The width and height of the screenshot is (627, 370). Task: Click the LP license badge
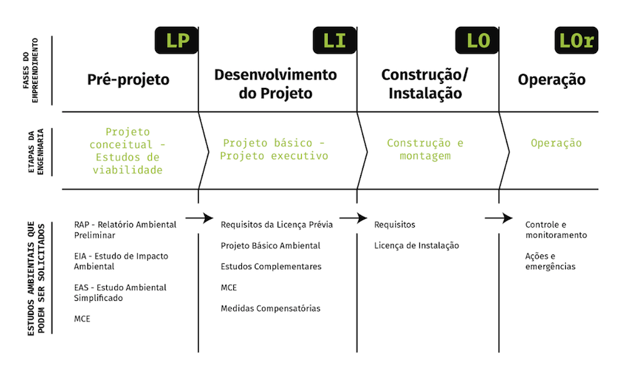tap(176, 40)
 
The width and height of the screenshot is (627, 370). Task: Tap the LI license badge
tap(335, 40)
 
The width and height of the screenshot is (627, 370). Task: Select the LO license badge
tap(477, 40)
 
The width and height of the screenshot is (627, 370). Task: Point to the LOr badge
tap(576, 40)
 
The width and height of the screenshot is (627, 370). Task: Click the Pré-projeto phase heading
tap(128, 79)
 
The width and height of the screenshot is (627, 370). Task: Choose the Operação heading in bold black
tap(552, 79)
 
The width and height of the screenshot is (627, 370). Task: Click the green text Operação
tap(556, 143)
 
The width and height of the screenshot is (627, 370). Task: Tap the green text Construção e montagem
tap(425, 150)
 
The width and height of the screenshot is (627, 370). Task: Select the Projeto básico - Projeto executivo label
tap(274, 150)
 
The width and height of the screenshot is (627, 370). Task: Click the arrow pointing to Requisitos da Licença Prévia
tap(200, 218)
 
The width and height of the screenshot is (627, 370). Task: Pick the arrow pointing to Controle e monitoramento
tap(499, 218)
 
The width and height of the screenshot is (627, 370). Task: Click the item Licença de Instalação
tap(417, 245)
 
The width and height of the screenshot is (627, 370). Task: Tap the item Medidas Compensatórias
tap(271, 308)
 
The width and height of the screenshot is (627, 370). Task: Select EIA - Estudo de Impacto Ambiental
tap(121, 261)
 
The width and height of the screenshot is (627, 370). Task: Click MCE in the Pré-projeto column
tap(82, 319)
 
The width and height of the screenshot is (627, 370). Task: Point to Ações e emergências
tap(550, 261)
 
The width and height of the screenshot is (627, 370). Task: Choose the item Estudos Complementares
tap(271, 267)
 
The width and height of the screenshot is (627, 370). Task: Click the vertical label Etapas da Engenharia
tap(36, 151)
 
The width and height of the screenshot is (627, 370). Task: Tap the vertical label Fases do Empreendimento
tap(30, 71)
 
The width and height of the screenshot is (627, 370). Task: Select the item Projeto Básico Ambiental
tap(271, 245)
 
